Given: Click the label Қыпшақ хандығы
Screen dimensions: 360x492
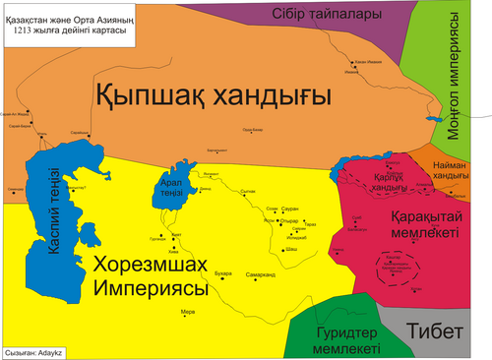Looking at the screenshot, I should (x=212, y=96).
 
